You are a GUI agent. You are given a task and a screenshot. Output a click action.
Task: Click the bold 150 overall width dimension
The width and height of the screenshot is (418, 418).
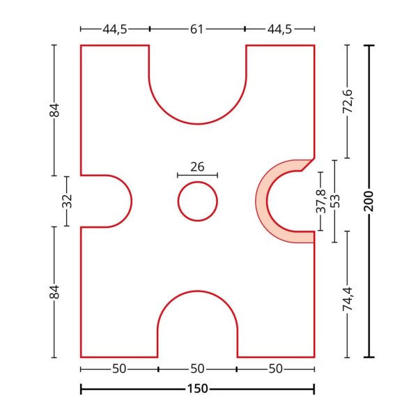pos(198,389)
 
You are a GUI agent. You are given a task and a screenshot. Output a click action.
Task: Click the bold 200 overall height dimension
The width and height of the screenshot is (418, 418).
pos(369,201)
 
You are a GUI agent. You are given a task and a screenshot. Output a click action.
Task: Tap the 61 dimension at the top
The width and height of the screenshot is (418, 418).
pos(196,29)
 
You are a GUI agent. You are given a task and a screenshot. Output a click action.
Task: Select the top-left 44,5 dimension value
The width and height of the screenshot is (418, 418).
pos(115,29)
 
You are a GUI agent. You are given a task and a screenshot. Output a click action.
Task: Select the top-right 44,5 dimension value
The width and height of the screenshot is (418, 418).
pos(279,29)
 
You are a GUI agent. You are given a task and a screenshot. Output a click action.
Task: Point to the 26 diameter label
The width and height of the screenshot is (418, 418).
pos(197,167)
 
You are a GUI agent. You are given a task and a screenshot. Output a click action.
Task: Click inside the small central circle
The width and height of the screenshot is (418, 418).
pos(198,201)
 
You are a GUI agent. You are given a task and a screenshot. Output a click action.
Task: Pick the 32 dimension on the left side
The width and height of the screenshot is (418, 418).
pos(67,201)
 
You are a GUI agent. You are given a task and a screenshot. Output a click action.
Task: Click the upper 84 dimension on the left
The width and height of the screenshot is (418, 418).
pos(54,110)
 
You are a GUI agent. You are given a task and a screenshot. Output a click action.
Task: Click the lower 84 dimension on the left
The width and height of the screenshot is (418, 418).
pos(54,292)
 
